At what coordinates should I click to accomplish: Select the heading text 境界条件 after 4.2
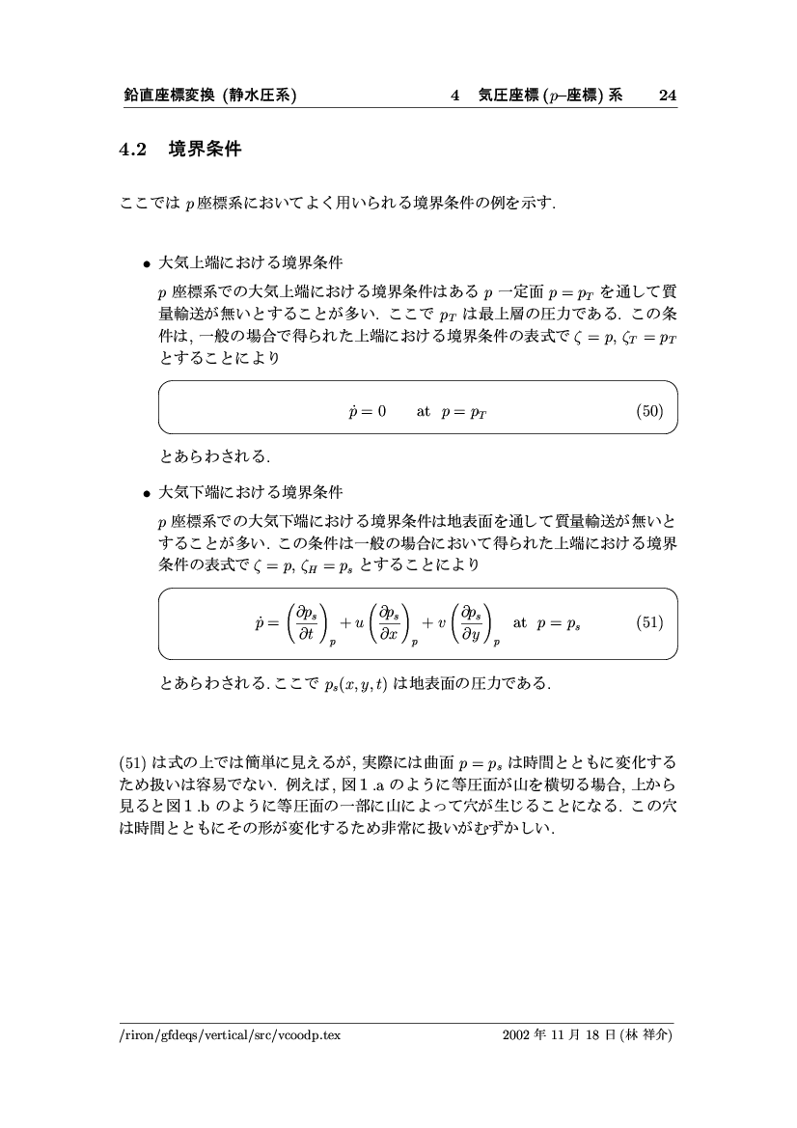click(x=206, y=150)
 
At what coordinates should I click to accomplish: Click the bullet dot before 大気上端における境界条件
click(x=146, y=263)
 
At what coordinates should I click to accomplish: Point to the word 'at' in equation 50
click(x=423, y=411)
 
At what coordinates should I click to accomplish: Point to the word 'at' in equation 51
click(x=520, y=622)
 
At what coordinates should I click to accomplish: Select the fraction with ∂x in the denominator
click(x=392, y=622)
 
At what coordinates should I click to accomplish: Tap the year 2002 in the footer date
click(x=516, y=1035)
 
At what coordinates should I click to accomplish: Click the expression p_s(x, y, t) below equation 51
click(x=355, y=684)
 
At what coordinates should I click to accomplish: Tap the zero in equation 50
click(x=381, y=411)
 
